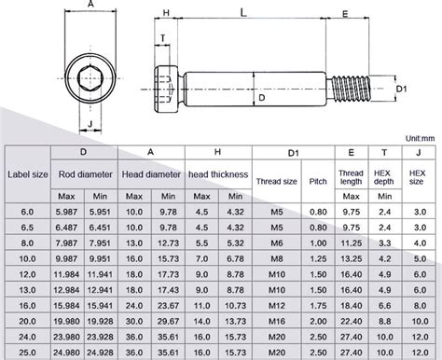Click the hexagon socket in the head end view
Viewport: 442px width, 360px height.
(x=90, y=78)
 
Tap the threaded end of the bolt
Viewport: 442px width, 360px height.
(x=352, y=89)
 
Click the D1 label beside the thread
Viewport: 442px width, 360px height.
(x=401, y=89)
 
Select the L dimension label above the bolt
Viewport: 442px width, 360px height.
(x=243, y=13)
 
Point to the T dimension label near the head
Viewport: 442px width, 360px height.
(x=163, y=38)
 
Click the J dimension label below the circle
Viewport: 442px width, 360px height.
(x=90, y=124)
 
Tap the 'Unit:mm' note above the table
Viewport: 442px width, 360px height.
(x=420, y=138)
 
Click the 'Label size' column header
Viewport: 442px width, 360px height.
(x=28, y=174)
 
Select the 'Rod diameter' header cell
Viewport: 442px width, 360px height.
(x=86, y=174)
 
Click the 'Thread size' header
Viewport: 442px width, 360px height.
(x=276, y=181)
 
